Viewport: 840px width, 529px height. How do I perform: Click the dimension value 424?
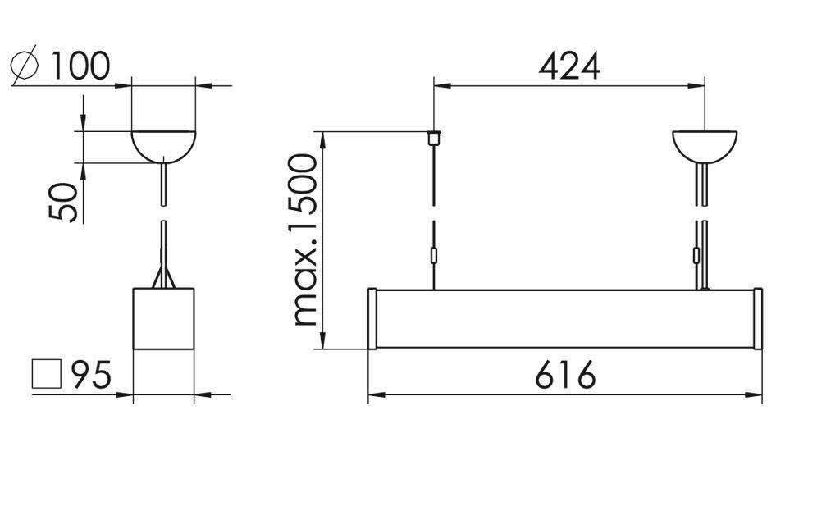coord(569,66)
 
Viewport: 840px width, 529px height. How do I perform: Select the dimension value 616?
coord(565,376)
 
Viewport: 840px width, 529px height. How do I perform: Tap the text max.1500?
coord(305,239)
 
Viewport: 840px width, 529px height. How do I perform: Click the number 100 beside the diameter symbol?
coord(80,66)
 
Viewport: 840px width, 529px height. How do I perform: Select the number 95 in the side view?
coord(91,375)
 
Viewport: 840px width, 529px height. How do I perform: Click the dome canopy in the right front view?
coord(705,144)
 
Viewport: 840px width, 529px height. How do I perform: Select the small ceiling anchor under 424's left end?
coord(433,137)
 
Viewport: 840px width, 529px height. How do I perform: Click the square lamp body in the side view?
coord(163,318)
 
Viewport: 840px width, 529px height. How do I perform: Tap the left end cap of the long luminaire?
coord(372,318)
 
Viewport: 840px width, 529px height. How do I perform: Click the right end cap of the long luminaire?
coord(758,318)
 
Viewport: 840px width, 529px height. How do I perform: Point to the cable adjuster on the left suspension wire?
coord(433,256)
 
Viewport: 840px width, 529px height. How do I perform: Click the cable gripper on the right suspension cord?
coord(698,256)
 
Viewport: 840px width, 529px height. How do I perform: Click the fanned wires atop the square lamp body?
coord(163,277)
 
